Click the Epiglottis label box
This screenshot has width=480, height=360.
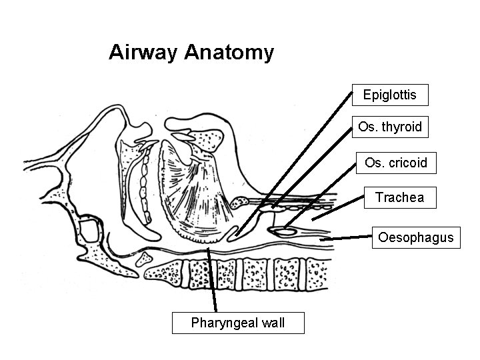[390, 95]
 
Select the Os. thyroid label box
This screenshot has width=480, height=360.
[390, 127]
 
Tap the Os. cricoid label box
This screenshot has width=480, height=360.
[396, 163]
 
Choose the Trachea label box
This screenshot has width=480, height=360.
[399, 197]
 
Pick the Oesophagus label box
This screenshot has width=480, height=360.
[415, 237]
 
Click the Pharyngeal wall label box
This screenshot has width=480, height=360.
[238, 323]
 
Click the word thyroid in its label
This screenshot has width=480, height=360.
[402, 127]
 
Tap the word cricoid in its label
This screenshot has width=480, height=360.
[407, 163]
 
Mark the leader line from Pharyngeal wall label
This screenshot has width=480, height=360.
[213, 280]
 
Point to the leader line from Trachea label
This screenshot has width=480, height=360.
[337, 209]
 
